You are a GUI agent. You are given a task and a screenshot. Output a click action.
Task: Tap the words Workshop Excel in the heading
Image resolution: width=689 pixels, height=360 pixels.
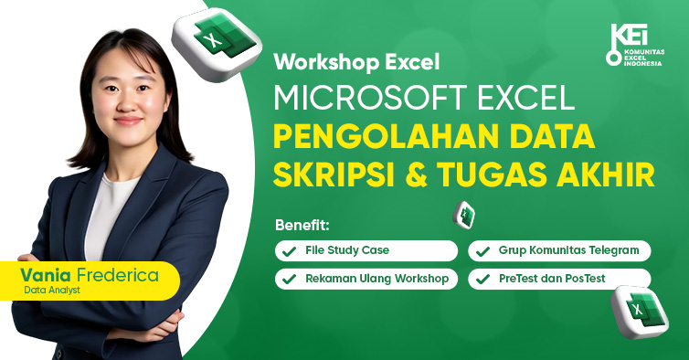(356, 63)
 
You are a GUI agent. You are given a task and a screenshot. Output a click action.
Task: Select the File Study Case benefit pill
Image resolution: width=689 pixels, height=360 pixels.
(366, 250)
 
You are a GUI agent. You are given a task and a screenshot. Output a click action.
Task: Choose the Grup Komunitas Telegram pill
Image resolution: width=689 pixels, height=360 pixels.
(559, 250)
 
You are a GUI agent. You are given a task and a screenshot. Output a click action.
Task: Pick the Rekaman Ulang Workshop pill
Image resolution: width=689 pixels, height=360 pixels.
(366, 279)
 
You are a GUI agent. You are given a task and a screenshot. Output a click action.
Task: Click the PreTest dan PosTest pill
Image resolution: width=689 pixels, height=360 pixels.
(559, 279)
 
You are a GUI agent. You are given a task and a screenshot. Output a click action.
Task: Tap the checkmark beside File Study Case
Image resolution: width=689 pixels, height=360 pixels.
(289, 250)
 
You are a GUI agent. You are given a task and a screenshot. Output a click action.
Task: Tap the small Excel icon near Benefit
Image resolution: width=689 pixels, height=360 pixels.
(465, 215)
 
